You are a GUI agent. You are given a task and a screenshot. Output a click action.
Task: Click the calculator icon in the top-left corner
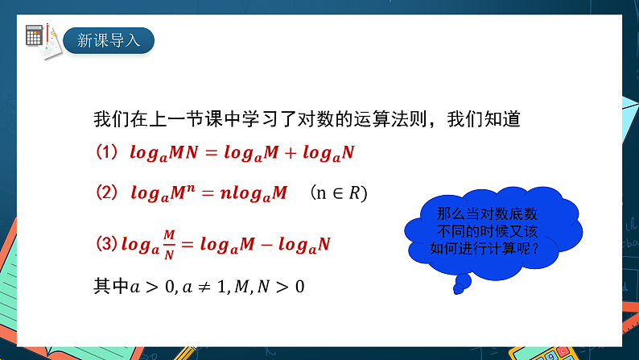tap(35, 35)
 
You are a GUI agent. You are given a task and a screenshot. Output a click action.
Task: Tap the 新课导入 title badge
tap(108, 39)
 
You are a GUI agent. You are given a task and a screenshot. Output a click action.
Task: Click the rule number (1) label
tap(107, 152)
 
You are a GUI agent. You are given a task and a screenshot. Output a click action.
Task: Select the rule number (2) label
tap(107, 193)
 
